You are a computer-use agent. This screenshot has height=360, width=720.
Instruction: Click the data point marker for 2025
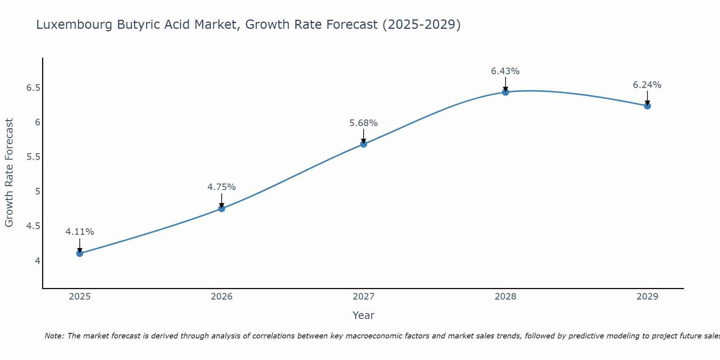pyautogui.click(x=80, y=253)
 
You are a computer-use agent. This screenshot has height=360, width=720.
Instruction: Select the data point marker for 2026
pyautogui.click(x=221, y=208)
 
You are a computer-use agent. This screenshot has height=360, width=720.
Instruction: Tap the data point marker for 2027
pyautogui.click(x=364, y=144)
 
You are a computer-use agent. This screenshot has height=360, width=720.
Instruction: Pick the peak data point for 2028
pyautogui.click(x=505, y=92)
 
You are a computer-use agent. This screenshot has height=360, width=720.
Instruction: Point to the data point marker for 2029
pyautogui.click(x=647, y=106)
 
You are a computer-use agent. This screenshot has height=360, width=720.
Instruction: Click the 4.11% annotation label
pyautogui.click(x=80, y=232)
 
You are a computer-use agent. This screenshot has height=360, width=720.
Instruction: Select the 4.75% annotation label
pyautogui.click(x=221, y=187)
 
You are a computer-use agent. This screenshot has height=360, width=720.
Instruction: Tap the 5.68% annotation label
pyautogui.click(x=364, y=123)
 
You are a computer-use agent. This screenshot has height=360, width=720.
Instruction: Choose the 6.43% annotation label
pyautogui.click(x=505, y=71)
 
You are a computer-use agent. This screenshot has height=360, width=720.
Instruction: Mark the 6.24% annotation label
pyautogui.click(x=647, y=85)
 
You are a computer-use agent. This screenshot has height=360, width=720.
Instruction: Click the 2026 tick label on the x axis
pyautogui.click(x=221, y=297)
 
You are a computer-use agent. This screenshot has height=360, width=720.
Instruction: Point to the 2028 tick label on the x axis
pyautogui.click(x=505, y=297)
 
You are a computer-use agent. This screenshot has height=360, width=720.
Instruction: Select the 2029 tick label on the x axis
pyautogui.click(x=647, y=297)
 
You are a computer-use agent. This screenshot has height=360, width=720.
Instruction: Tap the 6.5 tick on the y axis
pyautogui.click(x=33, y=88)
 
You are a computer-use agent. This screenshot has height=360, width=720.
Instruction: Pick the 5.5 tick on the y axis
pyautogui.click(x=33, y=157)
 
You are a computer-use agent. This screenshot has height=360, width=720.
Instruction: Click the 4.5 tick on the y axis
pyautogui.click(x=33, y=226)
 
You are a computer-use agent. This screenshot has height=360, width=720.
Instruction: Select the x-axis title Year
pyautogui.click(x=364, y=315)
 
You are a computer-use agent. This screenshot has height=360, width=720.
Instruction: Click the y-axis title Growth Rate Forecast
pyautogui.click(x=9, y=173)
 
